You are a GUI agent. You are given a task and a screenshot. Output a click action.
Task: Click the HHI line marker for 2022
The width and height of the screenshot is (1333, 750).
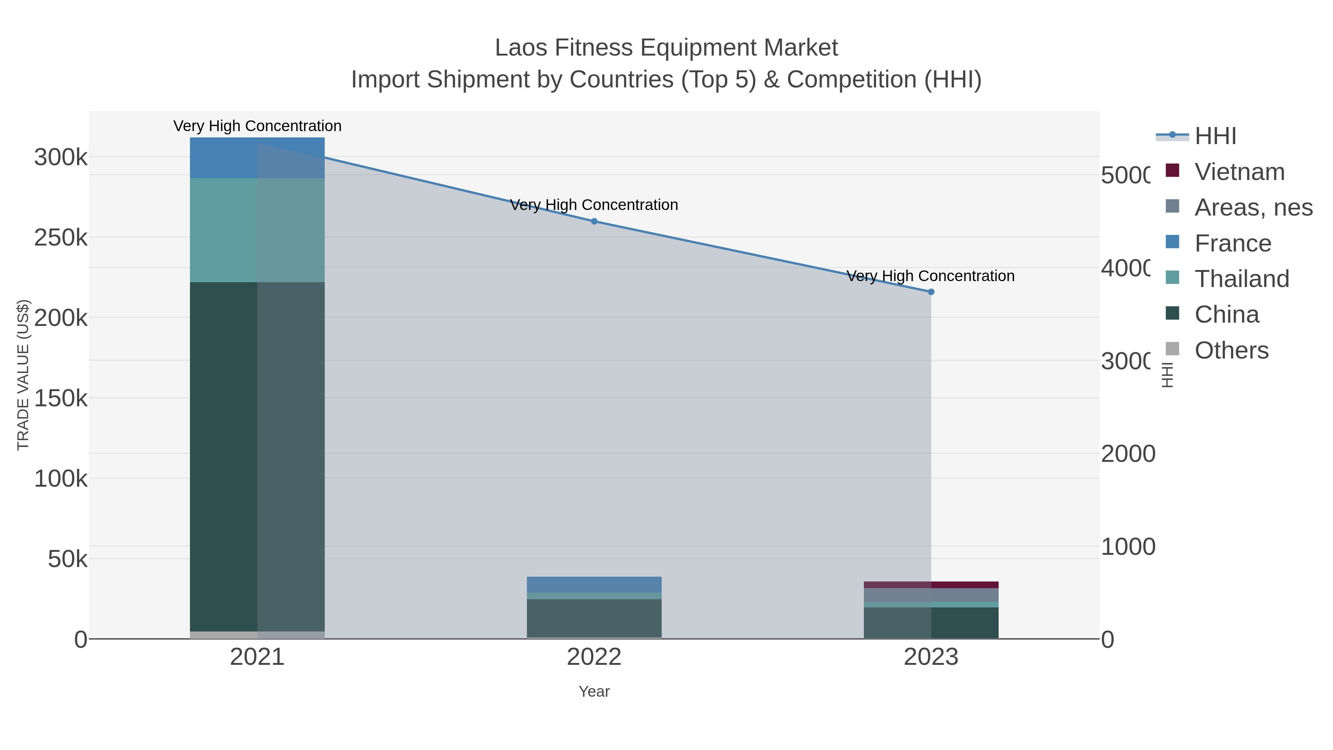click(594, 221)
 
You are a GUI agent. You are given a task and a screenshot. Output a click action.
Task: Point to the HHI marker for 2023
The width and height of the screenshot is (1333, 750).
click(931, 292)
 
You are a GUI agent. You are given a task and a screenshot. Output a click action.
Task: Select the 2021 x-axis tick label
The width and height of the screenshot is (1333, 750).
click(257, 657)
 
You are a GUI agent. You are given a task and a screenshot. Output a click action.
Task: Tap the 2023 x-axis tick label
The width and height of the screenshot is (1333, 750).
click(931, 657)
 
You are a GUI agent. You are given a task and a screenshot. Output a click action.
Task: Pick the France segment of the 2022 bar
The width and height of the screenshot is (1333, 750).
click(594, 584)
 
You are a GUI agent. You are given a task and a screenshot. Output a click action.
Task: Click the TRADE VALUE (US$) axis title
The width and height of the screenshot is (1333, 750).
click(23, 375)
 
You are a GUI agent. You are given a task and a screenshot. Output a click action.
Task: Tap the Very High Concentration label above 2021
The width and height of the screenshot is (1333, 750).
click(257, 126)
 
